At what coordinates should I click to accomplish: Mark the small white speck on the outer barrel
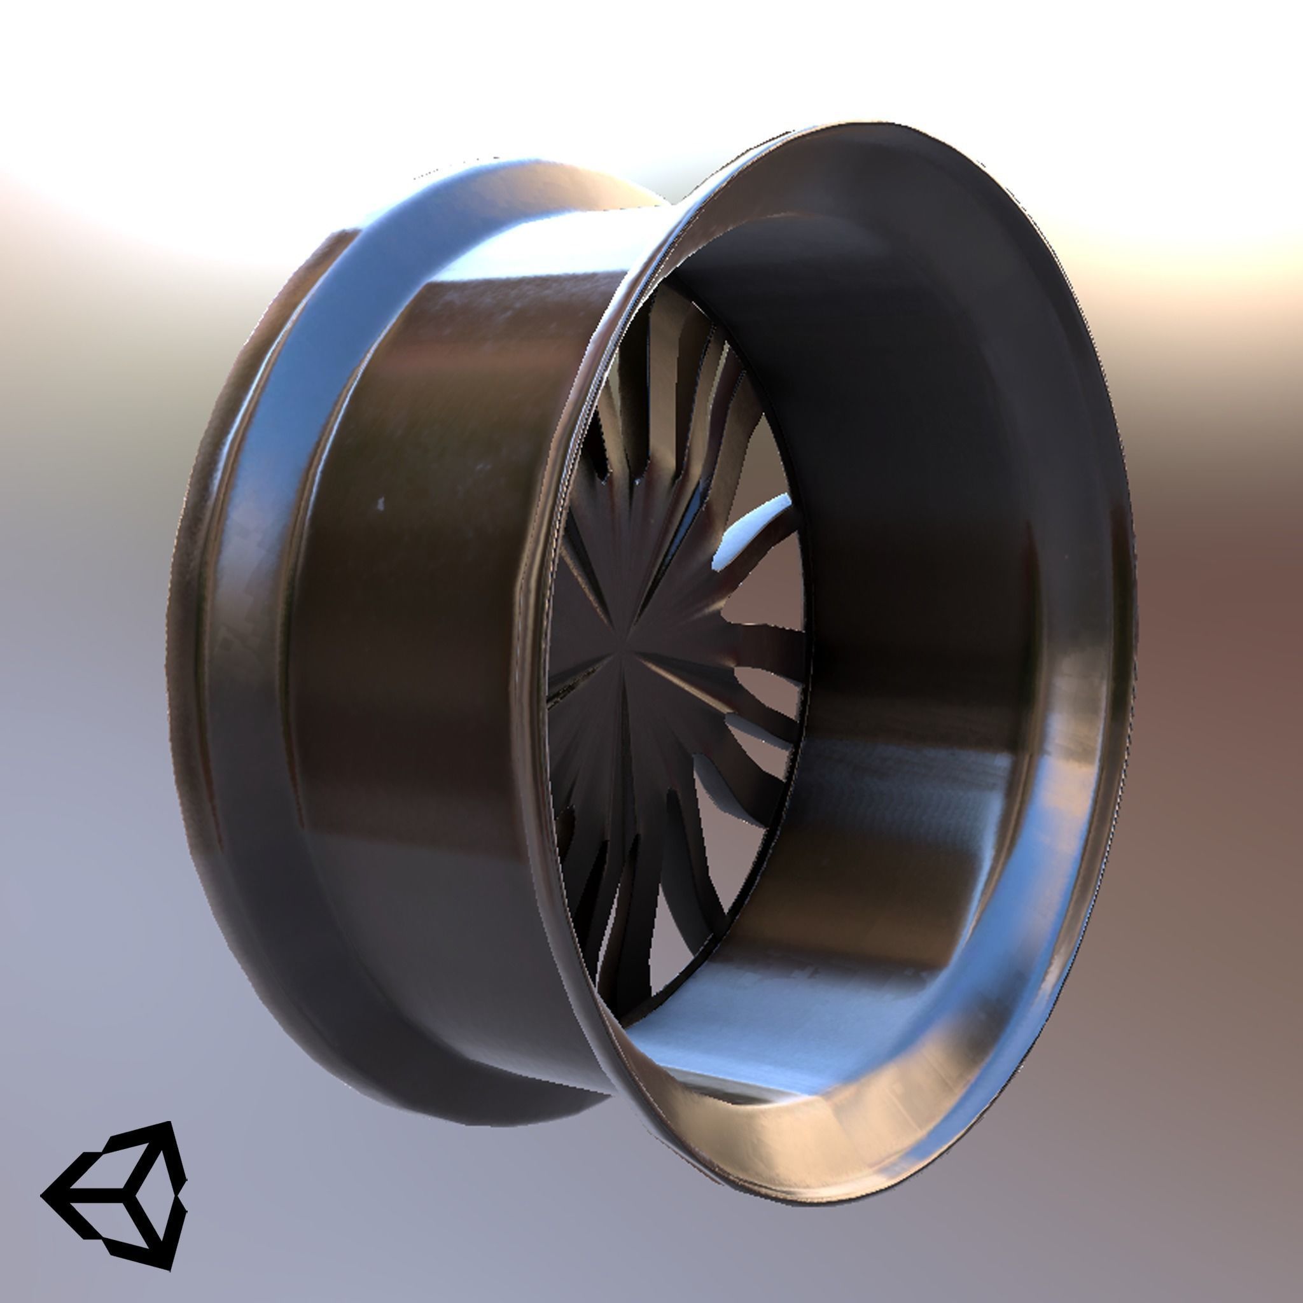[x=381, y=503]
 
